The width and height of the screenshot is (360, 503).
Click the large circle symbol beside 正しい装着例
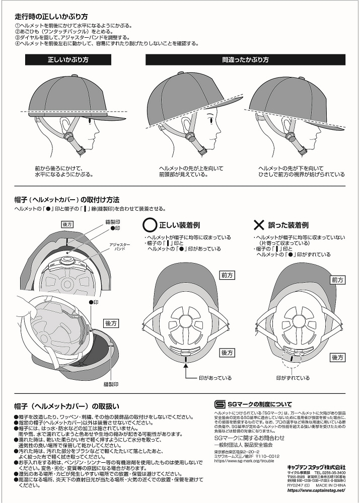pyautogui.click(x=150, y=225)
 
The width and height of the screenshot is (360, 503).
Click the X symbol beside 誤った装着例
pyautogui.click(x=259, y=225)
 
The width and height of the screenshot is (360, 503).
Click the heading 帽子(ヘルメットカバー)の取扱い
pyautogui.click(x=67, y=406)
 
